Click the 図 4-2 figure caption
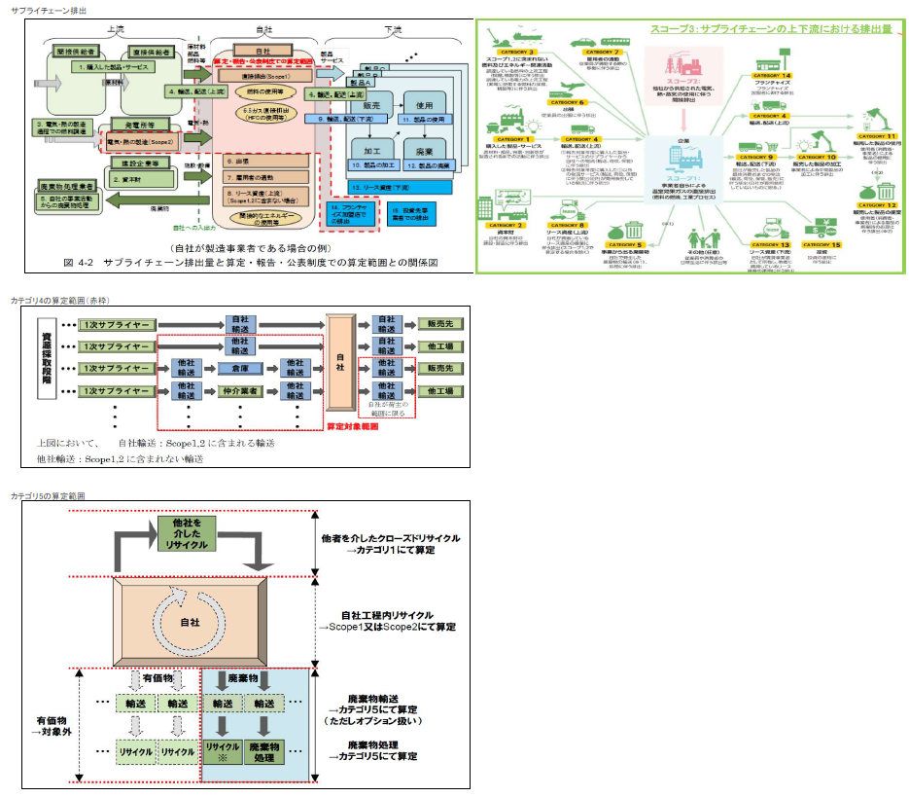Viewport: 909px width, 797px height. tap(250, 262)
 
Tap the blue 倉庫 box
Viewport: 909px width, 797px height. tap(238, 369)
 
